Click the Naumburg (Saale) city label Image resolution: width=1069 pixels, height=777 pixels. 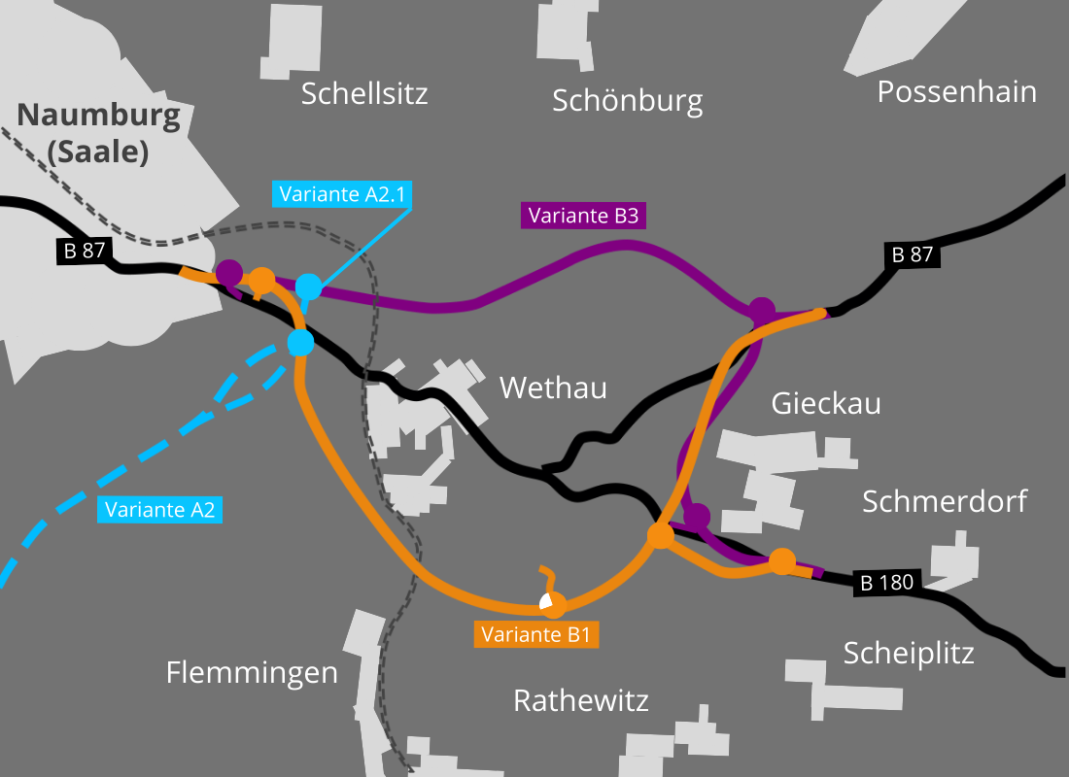tap(99, 134)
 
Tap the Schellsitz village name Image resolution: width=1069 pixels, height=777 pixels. tap(364, 93)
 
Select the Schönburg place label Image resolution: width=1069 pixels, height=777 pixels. tap(627, 101)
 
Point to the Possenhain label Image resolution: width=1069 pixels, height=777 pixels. tap(957, 91)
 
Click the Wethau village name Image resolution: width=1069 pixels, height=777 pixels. tap(553, 388)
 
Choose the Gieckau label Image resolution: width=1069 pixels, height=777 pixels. tap(826, 403)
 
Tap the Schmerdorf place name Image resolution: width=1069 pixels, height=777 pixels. tap(945, 501)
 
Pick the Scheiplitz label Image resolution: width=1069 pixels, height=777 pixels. tap(909, 654)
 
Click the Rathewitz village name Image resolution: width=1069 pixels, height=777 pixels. tap(581, 700)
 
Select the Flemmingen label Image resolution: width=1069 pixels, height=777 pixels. tap(253, 673)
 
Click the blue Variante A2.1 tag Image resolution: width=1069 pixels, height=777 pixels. tap(342, 194)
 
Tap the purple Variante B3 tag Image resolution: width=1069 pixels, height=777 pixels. tap(584, 216)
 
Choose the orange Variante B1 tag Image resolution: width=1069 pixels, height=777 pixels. tap(535, 634)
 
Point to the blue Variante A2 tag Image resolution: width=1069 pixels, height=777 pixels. tap(160, 510)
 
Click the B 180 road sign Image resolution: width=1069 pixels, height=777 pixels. tap(886, 583)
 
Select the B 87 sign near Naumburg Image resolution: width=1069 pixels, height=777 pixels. tap(85, 251)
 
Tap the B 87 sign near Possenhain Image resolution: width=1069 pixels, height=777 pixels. tap(913, 254)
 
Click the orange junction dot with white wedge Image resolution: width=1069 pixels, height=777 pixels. tap(553, 604)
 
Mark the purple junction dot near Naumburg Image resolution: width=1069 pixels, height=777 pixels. tap(229, 273)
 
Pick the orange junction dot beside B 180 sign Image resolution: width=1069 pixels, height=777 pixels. tap(782, 561)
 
